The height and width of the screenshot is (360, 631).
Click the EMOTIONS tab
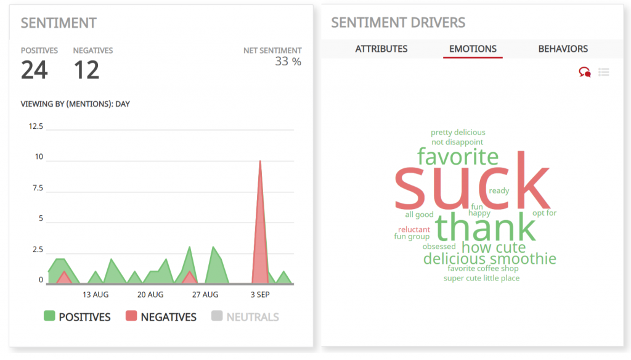point(473,49)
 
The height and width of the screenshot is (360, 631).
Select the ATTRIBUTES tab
point(381,49)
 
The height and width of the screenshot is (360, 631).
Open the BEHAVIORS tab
point(563,49)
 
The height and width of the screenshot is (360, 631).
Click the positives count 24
point(35,70)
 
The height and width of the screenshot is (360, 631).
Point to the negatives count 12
point(86,70)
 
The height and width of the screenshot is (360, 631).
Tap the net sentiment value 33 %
point(288,62)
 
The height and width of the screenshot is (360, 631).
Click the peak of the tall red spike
point(261,162)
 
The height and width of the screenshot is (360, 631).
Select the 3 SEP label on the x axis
point(259,295)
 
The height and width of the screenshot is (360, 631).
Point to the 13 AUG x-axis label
point(96,295)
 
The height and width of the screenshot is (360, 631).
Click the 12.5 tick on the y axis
point(36,126)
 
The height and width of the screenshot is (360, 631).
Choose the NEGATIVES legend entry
point(161,317)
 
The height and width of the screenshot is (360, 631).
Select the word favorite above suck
point(458,156)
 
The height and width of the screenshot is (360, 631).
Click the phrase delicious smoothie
point(489,259)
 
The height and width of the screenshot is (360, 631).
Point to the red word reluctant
point(414,230)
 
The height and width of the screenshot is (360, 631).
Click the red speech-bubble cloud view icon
point(584,72)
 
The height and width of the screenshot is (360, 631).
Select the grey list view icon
point(604,72)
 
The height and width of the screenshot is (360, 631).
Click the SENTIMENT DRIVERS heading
point(398,23)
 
